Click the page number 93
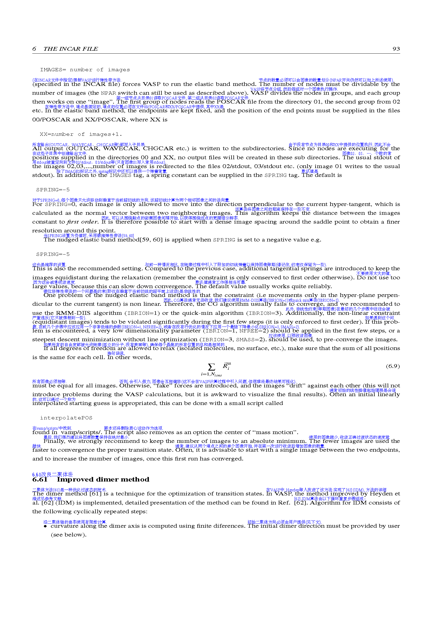396,49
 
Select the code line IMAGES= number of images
85,70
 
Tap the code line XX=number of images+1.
81,134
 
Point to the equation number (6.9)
393,366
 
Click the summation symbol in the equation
211,367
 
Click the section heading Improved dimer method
103,479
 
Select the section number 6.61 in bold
40,479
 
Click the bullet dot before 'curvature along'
45,526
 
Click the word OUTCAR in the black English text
84,148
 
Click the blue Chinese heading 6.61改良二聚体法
53,474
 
